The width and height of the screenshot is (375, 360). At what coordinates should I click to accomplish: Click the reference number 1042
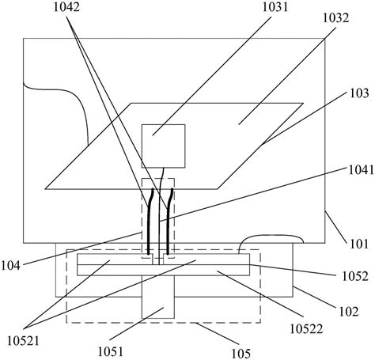pyautogui.click(x=66, y=7)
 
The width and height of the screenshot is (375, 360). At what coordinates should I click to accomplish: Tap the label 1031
pyautogui.click(x=275, y=7)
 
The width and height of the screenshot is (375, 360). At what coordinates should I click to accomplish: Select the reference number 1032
pyautogui.click(x=336, y=18)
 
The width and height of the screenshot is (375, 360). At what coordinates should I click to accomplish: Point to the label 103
pyautogui.click(x=359, y=93)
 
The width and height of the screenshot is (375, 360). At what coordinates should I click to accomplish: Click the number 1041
pyautogui.click(x=361, y=170)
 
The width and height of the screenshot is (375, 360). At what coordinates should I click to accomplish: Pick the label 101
pyautogui.click(x=359, y=244)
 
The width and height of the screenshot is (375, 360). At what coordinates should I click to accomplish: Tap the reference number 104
pyautogui.click(x=11, y=266)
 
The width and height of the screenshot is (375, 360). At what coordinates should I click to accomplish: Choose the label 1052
pyautogui.click(x=355, y=276)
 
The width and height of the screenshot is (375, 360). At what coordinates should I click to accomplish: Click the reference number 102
pyautogui.click(x=349, y=312)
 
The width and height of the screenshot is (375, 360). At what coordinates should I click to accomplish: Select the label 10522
pyautogui.click(x=306, y=329)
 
